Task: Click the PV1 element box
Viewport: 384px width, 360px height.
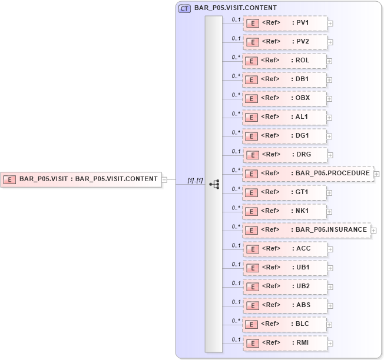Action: point(285,24)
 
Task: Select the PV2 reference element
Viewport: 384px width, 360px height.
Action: point(285,42)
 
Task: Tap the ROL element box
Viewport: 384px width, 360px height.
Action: point(285,61)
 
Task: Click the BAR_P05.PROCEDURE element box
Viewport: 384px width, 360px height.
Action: point(308,174)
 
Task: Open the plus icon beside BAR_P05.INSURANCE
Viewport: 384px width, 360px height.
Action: point(373,231)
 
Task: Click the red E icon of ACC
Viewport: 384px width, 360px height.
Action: point(252,249)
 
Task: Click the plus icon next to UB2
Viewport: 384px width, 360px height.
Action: point(330,287)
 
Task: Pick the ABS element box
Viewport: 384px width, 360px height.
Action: point(285,306)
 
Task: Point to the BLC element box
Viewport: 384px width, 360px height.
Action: point(285,325)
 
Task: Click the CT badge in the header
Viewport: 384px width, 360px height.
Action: point(184,9)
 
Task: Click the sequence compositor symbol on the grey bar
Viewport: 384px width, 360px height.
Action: point(214,184)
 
